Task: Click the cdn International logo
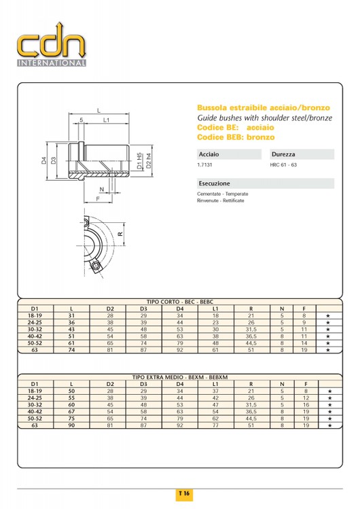[x=52, y=44]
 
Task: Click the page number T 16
[x=184, y=493]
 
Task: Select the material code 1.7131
[x=204, y=164]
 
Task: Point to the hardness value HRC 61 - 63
[x=283, y=164]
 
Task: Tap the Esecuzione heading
[x=215, y=183]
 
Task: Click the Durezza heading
[x=283, y=154]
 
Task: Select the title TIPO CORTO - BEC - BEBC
[x=180, y=302]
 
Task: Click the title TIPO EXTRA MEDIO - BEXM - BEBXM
[x=180, y=377]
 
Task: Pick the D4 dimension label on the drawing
[x=43, y=160]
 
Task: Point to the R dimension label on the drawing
[x=120, y=234]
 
